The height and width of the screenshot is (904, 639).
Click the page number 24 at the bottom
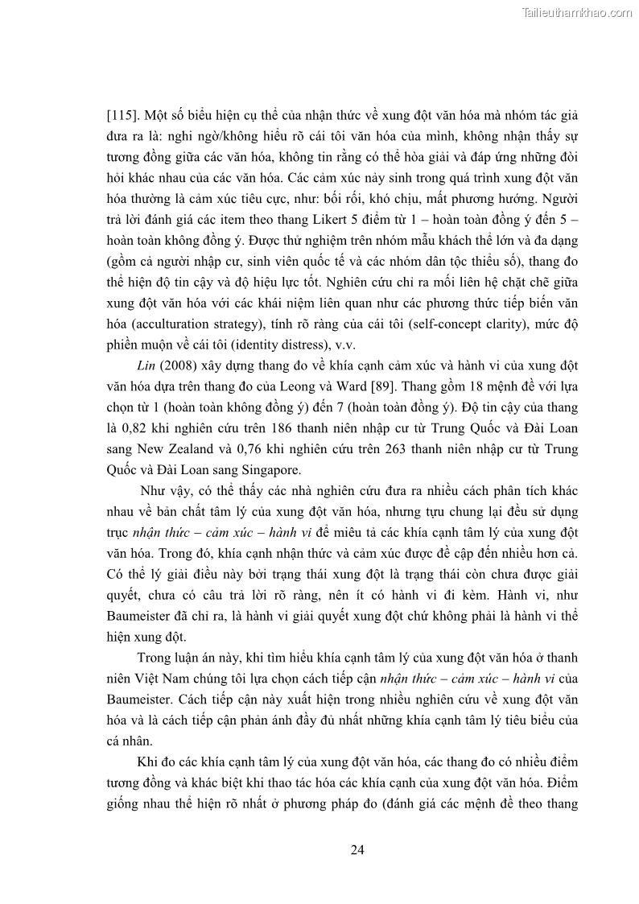tap(358, 849)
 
